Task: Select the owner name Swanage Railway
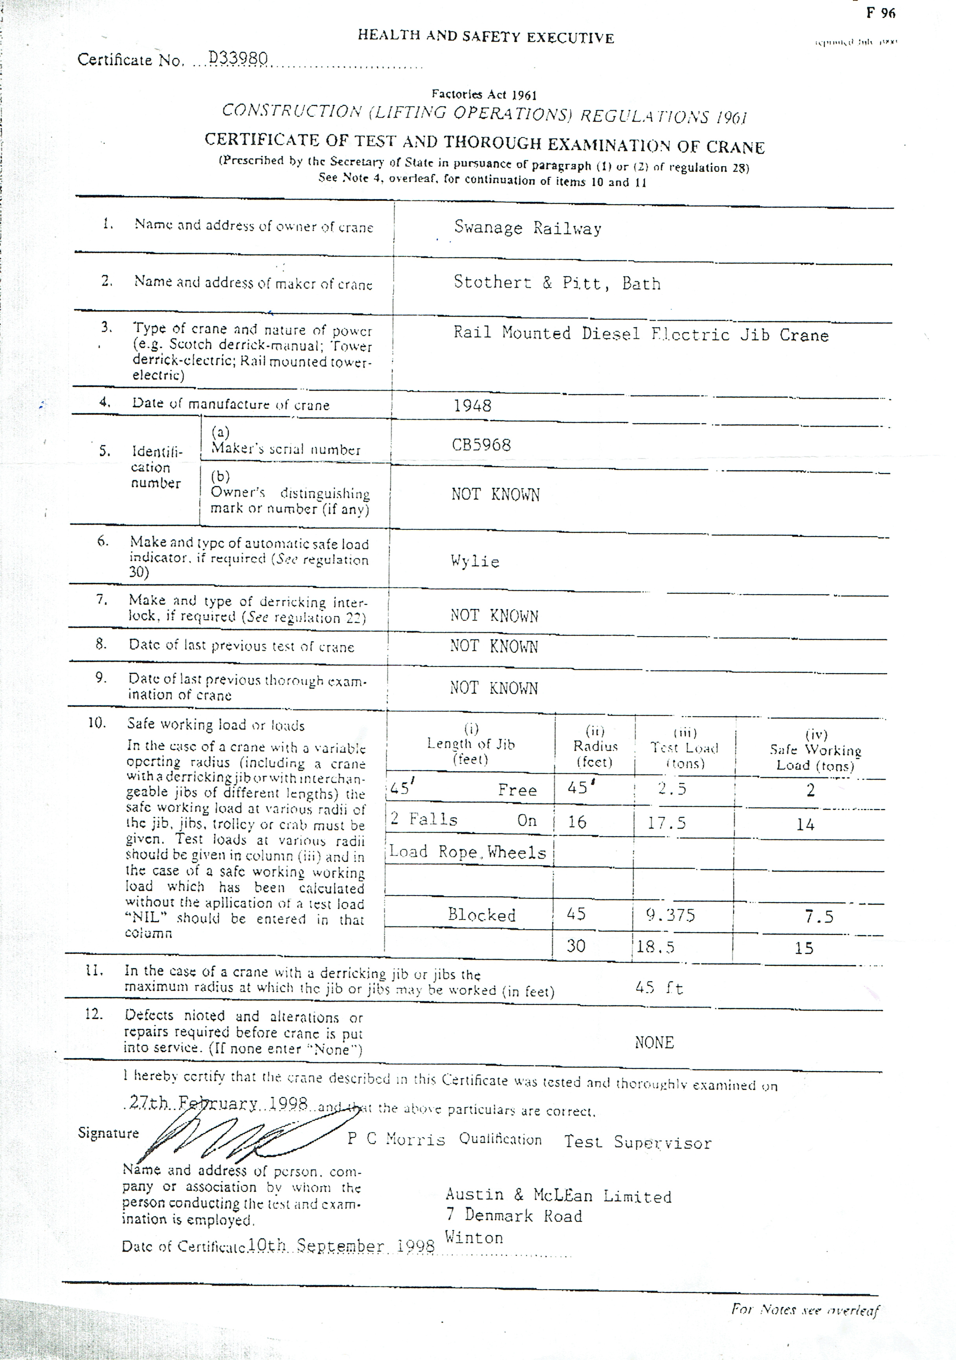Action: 527,228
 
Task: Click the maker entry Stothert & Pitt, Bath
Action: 557,283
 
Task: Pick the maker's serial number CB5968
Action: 481,445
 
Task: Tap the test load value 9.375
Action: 670,915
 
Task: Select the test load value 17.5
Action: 666,823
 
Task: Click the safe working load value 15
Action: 804,948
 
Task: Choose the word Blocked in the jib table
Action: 482,914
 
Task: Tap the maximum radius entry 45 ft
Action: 659,988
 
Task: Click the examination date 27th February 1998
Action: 218,1103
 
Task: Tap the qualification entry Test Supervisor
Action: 637,1142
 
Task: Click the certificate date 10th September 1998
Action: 341,1246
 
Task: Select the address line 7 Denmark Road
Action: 514,1216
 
